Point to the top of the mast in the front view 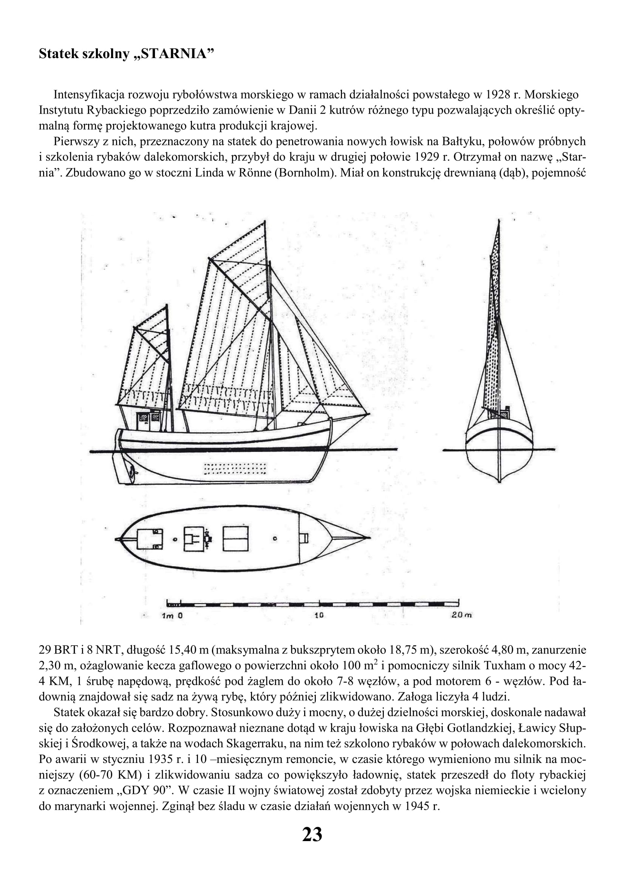(x=499, y=221)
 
